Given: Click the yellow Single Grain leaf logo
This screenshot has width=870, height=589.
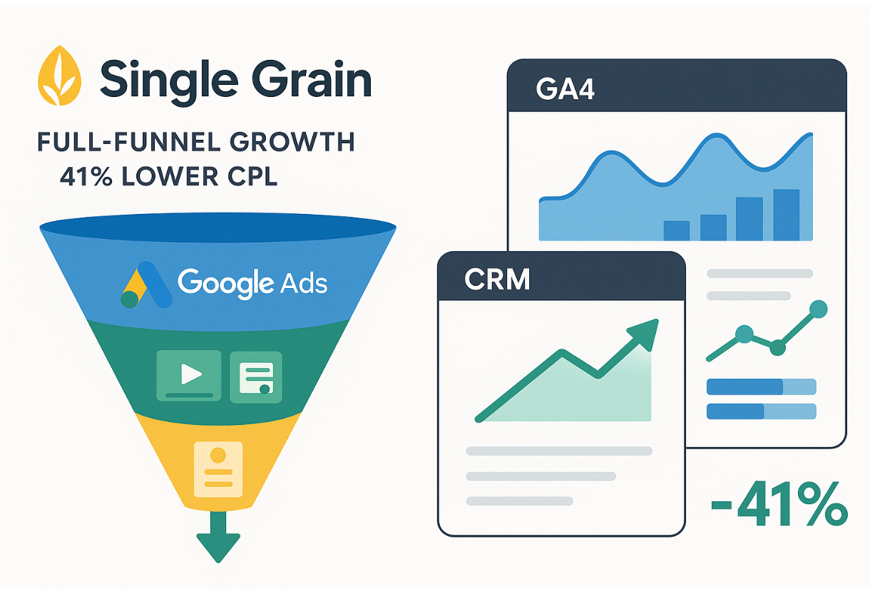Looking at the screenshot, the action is point(59,76).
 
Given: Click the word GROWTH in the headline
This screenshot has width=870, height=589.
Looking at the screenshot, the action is point(292,142).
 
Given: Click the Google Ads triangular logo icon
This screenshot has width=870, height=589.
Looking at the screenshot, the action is point(146,285).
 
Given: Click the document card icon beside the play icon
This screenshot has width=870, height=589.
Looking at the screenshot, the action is point(256,377).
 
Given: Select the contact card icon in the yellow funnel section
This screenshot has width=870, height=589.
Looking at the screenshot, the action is point(218,468).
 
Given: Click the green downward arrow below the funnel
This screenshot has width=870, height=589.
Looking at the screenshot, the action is point(218,537).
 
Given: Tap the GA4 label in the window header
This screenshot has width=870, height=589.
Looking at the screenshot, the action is point(565,89).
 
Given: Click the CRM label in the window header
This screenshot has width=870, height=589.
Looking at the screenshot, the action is point(497,279).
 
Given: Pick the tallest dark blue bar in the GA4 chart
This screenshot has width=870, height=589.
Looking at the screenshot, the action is point(787,215).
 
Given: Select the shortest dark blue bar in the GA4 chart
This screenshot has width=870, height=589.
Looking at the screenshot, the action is point(677,230).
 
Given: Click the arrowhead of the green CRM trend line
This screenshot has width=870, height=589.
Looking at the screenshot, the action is point(643,334).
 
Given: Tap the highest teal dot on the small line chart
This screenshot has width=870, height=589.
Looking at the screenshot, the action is point(819,309).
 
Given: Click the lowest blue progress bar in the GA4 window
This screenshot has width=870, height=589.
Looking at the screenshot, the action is point(762,411).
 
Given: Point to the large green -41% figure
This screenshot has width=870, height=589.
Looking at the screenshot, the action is point(779,503).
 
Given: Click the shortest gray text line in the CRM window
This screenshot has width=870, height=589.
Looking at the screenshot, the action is point(520,501).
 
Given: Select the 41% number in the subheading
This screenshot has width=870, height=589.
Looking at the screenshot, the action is point(86,177).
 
